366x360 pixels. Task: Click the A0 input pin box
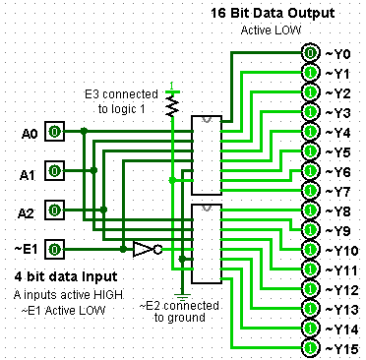[56, 131]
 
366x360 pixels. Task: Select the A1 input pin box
[56, 170]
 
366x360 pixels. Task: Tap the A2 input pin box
[56, 210]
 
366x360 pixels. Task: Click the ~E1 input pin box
[56, 249]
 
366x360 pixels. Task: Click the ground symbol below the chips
[182, 294]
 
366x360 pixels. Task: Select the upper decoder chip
[207, 153]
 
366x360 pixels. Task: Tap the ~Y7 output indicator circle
[310, 190]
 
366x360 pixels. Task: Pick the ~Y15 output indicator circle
[310, 347]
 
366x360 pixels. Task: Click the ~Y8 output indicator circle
[310, 210]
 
